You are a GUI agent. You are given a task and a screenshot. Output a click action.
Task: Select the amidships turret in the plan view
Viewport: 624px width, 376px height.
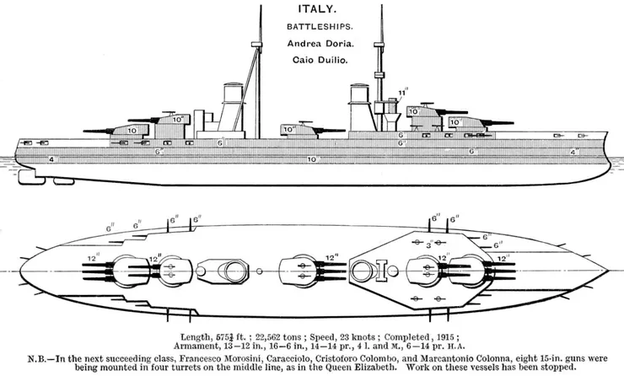[x=297, y=271]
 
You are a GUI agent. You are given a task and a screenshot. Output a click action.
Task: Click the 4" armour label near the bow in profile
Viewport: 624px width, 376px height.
[x=573, y=152]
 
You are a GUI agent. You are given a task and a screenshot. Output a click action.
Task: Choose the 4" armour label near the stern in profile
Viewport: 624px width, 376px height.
[x=52, y=158]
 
